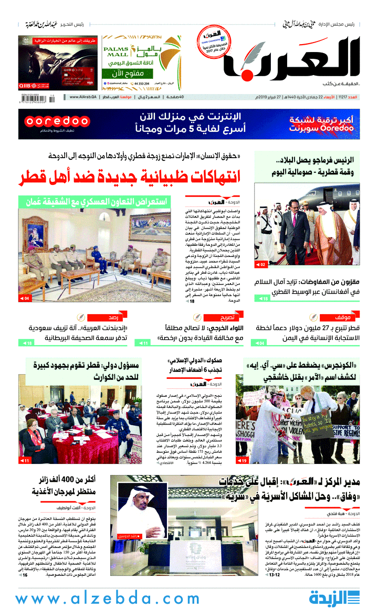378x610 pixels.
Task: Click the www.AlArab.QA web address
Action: coord(83,97)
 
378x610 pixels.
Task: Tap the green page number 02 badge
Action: coord(261,264)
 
